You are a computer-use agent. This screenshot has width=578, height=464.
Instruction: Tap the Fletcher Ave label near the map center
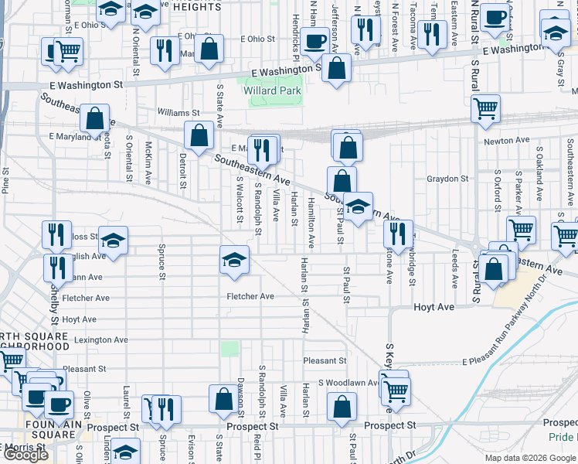pyautogui.click(x=250, y=296)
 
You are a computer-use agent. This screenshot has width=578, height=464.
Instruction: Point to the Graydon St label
pyautogui.click(x=447, y=179)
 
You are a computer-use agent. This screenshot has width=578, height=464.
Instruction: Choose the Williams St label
pyautogui.click(x=178, y=112)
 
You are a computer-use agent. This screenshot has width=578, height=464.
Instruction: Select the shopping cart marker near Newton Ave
pyautogui.click(x=485, y=109)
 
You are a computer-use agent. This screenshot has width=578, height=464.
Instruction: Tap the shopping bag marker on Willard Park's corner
pyautogui.click(x=337, y=68)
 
